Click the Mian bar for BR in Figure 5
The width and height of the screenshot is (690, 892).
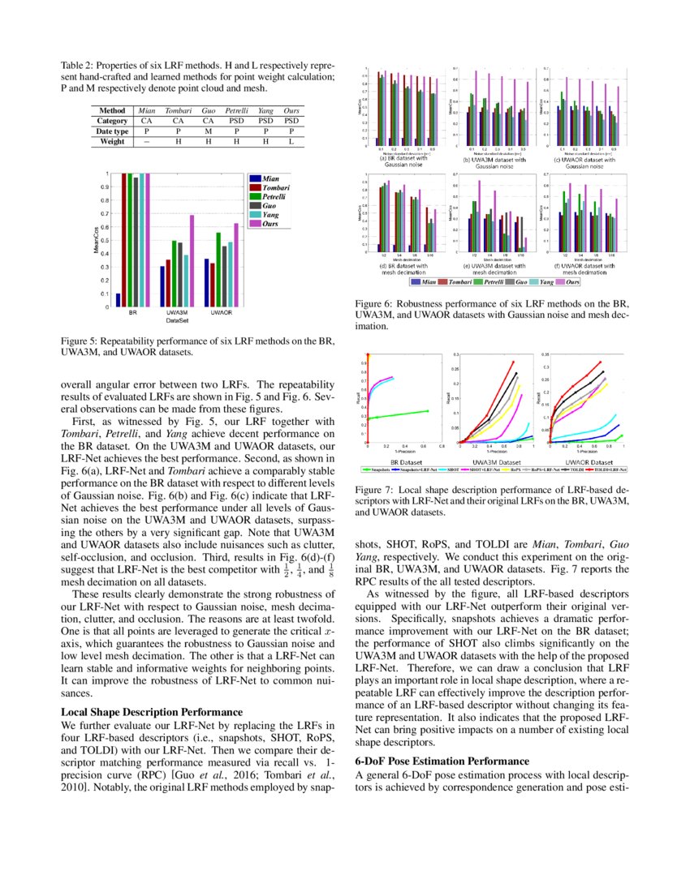(x=119, y=300)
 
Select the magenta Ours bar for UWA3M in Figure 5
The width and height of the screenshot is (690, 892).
(x=192, y=261)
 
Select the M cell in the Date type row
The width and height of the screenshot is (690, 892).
(x=208, y=131)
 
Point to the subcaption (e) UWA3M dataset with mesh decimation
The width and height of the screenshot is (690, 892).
(x=493, y=269)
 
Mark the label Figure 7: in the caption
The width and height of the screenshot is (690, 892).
(x=374, y=491)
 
